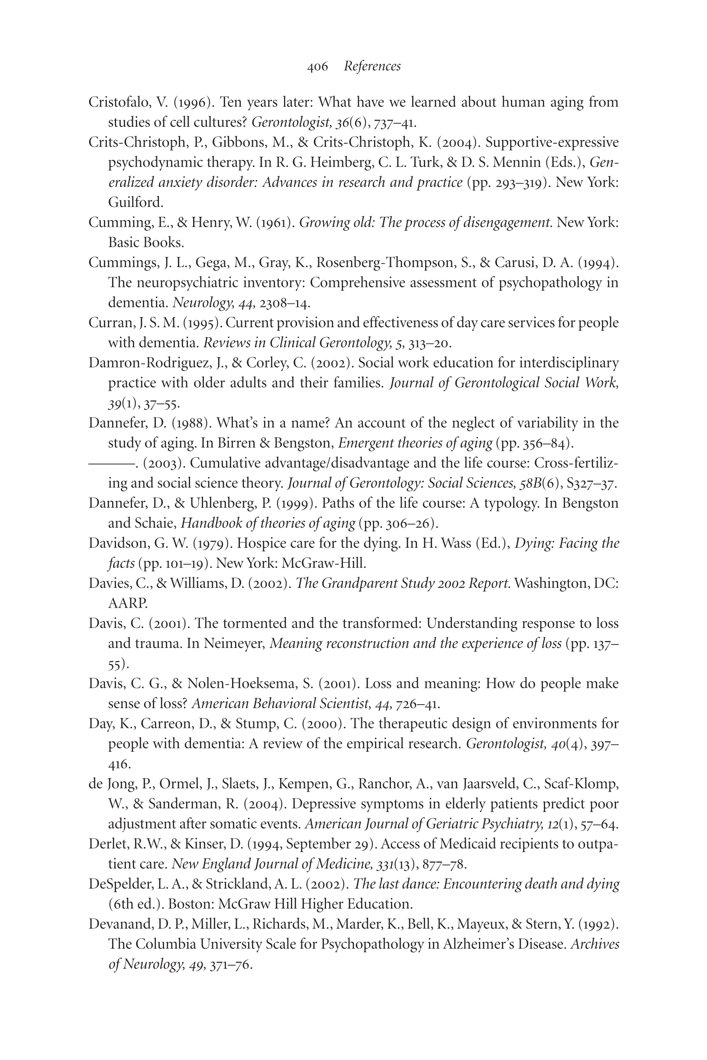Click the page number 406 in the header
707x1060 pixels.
(x=317, y=67)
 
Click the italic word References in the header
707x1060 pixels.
(x=372, y=67)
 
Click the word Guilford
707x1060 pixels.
(x=135, y=203)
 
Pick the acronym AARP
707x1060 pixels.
(x=128, y=603)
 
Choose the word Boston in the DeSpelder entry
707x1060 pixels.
(x=189, y=904)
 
